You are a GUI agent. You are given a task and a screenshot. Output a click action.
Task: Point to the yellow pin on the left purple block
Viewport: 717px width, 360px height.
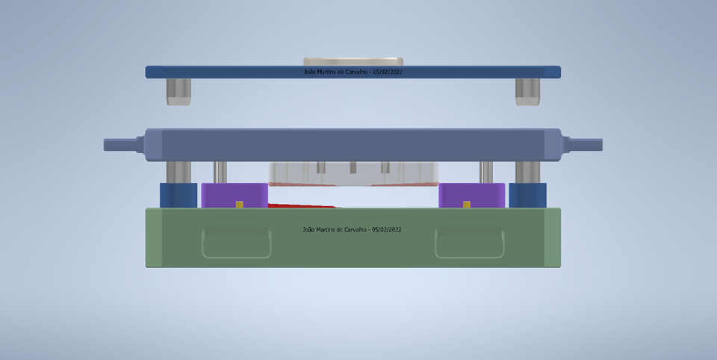(x=239, y=205)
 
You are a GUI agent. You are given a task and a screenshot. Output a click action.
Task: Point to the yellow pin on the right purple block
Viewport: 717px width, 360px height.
(x=467, y=205)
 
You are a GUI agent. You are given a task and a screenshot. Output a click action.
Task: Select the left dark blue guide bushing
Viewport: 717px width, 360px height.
(x=178, y=195)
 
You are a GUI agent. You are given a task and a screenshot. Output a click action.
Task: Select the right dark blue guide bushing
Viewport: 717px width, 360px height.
(x=527, y=195)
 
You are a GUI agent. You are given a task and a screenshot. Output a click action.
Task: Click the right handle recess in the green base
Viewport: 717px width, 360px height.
(x=470, y=242)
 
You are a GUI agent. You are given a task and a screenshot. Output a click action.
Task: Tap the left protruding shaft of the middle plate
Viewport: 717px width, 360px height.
(x=122, y=144)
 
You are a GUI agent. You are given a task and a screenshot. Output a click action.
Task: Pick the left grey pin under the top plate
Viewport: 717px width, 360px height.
(x=178, y=91)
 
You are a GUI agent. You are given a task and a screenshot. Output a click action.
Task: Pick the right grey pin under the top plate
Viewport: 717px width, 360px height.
(x=527, y=91)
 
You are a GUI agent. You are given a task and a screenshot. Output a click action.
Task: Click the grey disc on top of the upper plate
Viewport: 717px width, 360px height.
(x=353, y=61)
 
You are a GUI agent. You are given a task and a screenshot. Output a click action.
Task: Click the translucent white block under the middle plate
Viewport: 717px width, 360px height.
(x=353, y=173)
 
